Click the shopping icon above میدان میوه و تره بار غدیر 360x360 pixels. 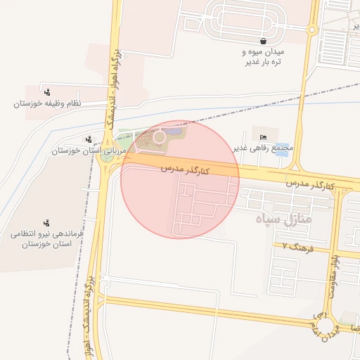point(262,41)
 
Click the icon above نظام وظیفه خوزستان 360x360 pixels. point(47,92)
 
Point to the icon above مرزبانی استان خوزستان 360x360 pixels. point(87,139)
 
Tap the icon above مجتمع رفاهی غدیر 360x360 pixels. point(263,136)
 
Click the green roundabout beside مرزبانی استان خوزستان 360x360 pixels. point(108,157)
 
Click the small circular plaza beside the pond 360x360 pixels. point(160,137)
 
